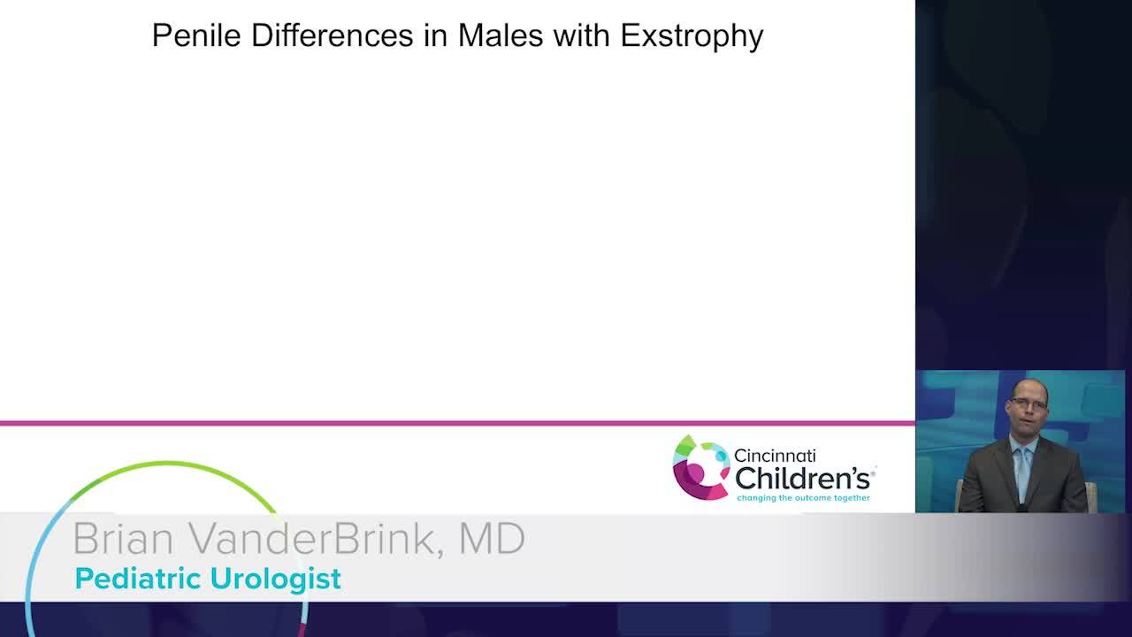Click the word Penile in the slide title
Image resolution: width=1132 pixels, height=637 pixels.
tap(196, 35)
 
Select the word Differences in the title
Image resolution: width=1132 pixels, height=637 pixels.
tap(332, 35)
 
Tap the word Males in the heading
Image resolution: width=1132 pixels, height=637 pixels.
tap(501, 35)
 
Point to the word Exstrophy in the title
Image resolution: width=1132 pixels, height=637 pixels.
tap(692, 37)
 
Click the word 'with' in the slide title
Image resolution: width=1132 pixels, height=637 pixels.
tap(582, 35)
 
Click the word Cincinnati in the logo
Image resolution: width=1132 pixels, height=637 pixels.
tap(775, 456)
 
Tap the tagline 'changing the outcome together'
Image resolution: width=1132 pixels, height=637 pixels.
tap(804, 498)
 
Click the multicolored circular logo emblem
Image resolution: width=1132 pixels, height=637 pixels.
tap(701, 468)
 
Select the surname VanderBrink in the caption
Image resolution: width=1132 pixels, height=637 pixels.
tap(312, 539)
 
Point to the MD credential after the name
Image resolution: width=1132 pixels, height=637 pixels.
tap(492, 539)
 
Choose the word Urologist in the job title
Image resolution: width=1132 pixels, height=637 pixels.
tap(276, 579)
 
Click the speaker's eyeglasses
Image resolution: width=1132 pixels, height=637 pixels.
tap(1028, 404)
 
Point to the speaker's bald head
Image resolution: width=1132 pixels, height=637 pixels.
tap(1029, 389)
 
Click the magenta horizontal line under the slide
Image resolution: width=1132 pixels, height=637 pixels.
tap(457, 423)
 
